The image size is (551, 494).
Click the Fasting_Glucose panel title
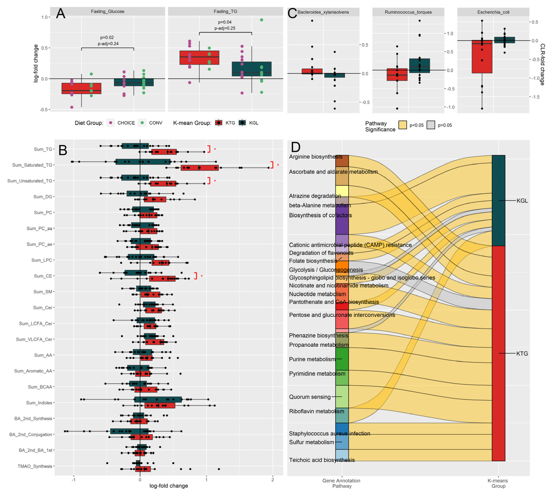click(108, 11)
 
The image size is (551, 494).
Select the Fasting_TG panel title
click(225, 11)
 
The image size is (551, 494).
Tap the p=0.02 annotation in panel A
click(107, 37)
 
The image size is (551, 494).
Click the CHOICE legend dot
click(111, 123)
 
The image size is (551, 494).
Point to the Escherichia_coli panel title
click(493, 12)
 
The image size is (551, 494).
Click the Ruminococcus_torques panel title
click(408, 12)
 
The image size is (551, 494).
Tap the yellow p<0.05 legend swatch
click(402, 125)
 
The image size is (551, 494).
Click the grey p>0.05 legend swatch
click(431, 125)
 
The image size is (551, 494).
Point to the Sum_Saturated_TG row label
click(32, 165)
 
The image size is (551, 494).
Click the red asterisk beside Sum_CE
click(202, 276)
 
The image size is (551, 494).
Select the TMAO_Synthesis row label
click(35, 466)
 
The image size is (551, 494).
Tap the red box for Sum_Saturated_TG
click(200, 168)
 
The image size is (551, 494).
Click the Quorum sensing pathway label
click(310, 397)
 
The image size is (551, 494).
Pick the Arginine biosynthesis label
click(315, 157)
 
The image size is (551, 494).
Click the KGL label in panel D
click(522, 201)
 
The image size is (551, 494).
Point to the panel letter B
click(63, 150)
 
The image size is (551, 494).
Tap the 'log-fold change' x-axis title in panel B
click(169, 486)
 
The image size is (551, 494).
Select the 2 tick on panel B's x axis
click(273, 480)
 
